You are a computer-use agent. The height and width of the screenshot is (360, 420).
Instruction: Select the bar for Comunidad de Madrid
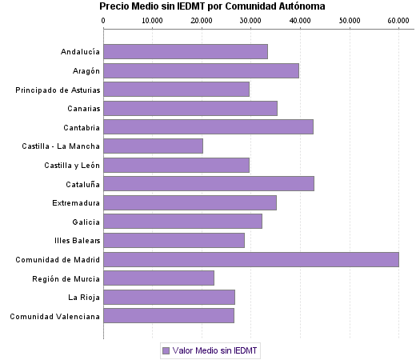click(251, 259)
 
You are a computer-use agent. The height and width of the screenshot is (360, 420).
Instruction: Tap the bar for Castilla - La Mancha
click(153, 146)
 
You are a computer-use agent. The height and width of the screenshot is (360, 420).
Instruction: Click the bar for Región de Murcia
click(158, 278)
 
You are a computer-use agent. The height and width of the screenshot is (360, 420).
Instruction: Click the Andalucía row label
click(80, 52)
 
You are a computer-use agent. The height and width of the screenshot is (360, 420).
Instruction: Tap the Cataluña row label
click(82, 184)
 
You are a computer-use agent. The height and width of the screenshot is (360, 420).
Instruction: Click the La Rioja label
click(84, 298)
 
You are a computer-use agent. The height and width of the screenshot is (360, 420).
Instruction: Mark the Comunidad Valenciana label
click(55, 316)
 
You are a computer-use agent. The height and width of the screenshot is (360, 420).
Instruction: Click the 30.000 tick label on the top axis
click(250, 21)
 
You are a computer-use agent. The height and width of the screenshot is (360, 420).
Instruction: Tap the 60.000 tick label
click(398, 21)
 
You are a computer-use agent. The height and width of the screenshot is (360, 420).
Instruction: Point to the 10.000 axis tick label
click(152, 21)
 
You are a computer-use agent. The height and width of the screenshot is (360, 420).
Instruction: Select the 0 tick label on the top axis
click(103, 21)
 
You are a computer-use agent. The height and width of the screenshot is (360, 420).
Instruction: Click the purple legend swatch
click(166, 350)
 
